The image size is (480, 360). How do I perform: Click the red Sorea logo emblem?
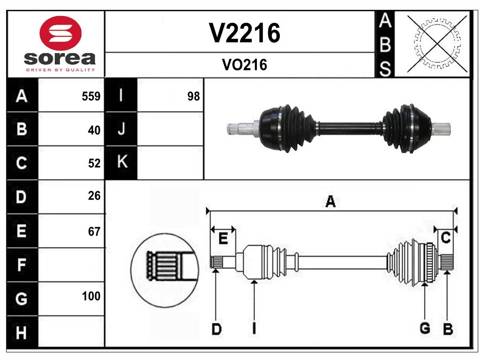click(x=61, y=33)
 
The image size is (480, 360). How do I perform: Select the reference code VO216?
click(x=244, y=65)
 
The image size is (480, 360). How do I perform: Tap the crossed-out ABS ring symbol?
click(x=437, y=45)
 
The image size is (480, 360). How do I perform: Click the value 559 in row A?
click(x=91, y=97)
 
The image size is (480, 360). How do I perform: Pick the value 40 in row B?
click(x=94, y=130)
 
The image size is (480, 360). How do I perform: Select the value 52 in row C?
click(x=94, y=163)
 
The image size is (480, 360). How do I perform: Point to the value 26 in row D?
click(x=94, y=196)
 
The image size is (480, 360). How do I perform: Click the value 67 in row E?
click(x=94, y=231)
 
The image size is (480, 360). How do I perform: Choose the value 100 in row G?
click(x=91, y=296)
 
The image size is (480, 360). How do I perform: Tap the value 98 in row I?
click(x=193, y=97)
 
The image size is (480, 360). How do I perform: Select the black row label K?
click(x=121, y=163)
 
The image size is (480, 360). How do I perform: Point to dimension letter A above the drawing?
click(x=330, y=202)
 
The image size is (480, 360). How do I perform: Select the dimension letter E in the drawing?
click(x=223, y=239)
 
